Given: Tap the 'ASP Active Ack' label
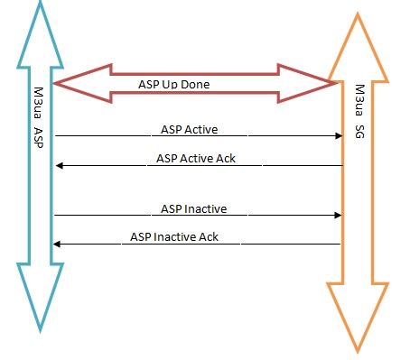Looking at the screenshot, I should click(196, 159).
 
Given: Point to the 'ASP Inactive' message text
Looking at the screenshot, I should click(193, 208).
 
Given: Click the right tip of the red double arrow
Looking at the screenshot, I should click(338, 84).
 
